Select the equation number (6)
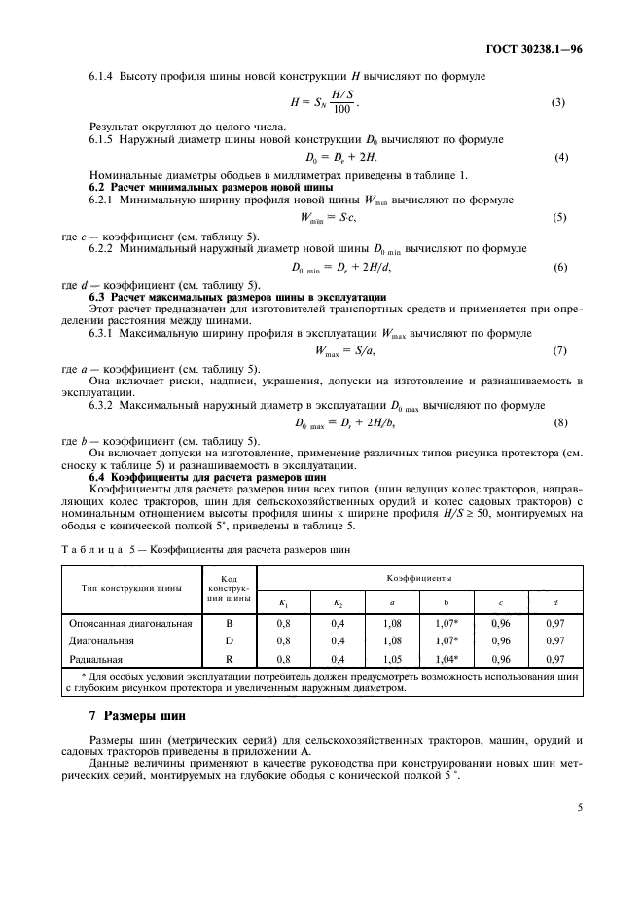click(x=560, y=267)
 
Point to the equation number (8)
click(x=560, y=422)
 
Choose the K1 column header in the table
click(x=284, y=603)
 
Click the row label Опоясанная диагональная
click(x=130, y=622)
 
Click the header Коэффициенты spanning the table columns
click(x=420, y=576)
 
